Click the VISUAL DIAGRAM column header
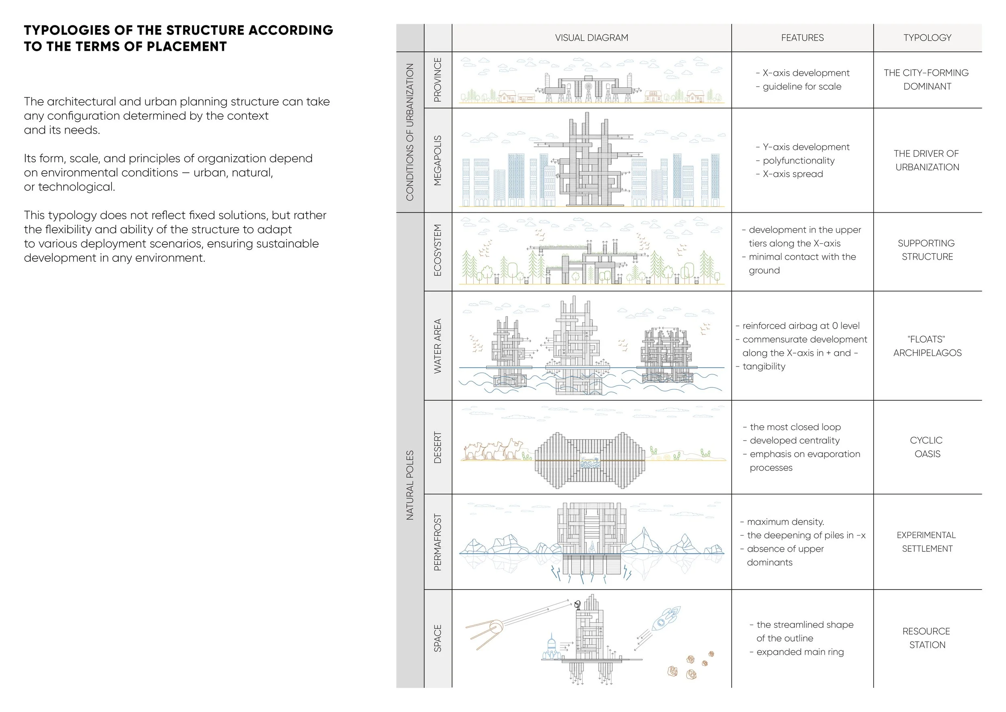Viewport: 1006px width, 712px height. pyautogui.click(x=591, y=38)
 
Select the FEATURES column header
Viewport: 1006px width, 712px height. pyautogui.click(x=802, y=38)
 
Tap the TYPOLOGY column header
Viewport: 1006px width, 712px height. pyautogui.click(x=927, y=38)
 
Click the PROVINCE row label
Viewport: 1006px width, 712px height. pyautogui.click(x=437, y=80)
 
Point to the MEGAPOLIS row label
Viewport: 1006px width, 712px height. pyautogui.click(x=437, y=160)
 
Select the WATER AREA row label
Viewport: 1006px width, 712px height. pyautogui.click(x=437, y=346)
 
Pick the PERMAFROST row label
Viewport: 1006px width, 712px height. pyautogui.click(x=437, y=542)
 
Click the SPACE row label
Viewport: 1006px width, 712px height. pyautogui.click(x=437, y=638)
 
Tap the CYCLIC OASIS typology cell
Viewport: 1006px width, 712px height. pyautogui.click(x=927, y=447)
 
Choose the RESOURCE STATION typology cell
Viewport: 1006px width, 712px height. pyautogui.click(x=927, y=638)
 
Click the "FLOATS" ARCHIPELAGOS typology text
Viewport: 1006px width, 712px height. pyautogui.click(x=927, y=346)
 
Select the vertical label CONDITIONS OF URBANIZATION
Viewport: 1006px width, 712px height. pyautogui.click(x=410, y=132)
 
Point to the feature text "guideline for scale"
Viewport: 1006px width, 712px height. pyautogui.click(x=802, y=86)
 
